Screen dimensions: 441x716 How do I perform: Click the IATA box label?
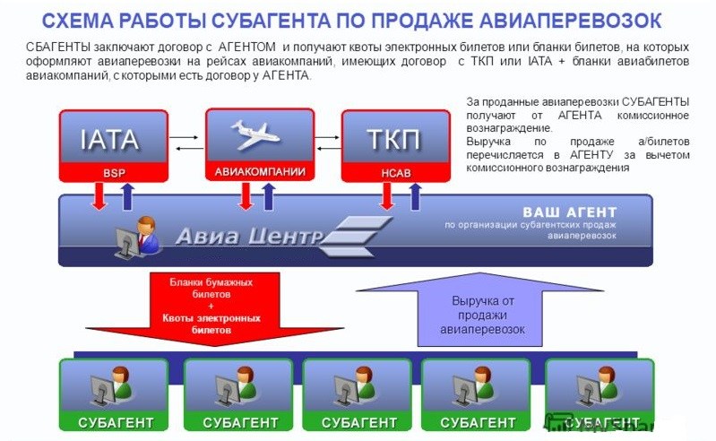click(109, 140)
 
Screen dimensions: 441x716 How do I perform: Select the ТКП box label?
click(393, 140)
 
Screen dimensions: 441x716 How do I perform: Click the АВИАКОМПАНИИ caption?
click(260, 170)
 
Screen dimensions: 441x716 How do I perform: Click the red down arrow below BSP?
click(99, 196)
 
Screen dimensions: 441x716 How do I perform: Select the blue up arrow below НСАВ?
click(414, 196)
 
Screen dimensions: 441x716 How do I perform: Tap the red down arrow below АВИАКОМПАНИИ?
click(246, 196)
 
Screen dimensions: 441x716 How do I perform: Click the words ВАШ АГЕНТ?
click(570, 212)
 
